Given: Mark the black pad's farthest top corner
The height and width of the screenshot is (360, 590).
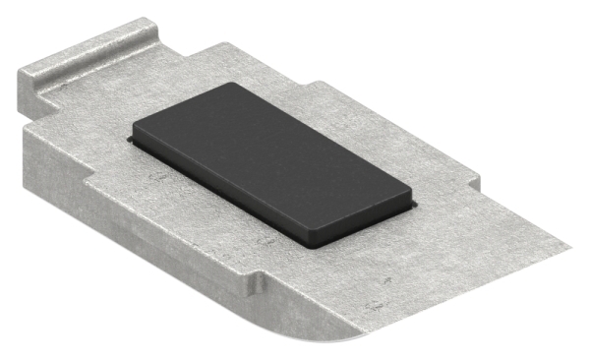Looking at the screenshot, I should tap(235, 85).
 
